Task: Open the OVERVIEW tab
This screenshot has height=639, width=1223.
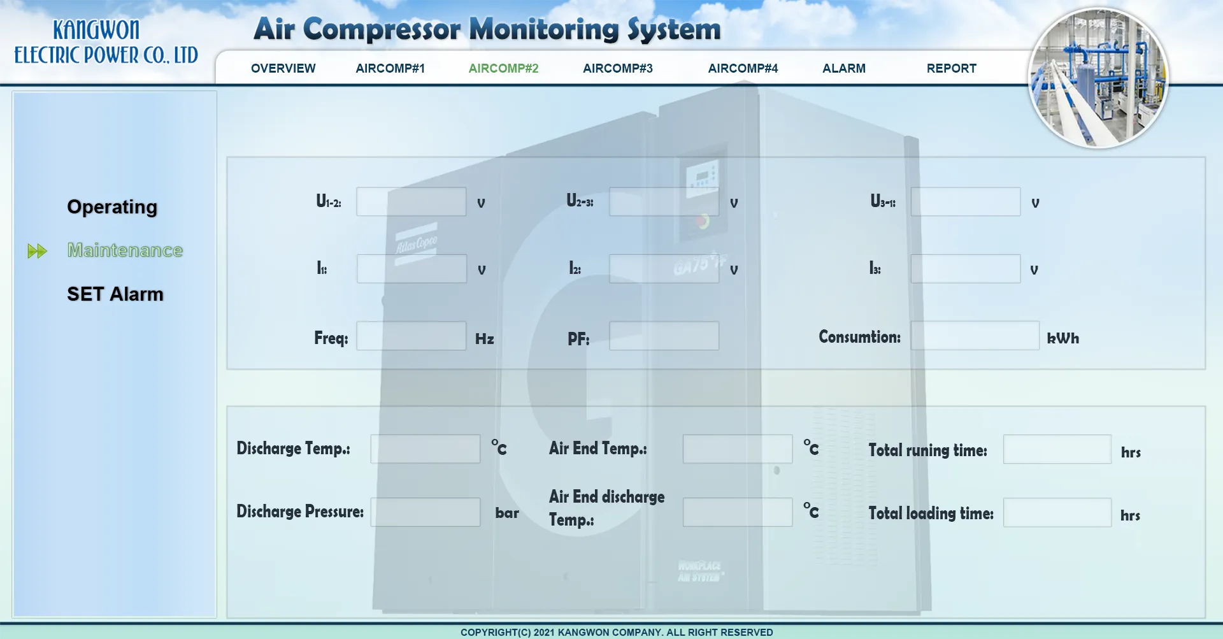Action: point(283,68)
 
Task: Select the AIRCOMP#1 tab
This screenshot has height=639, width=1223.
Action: point(390,68)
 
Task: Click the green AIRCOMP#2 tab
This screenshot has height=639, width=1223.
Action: point(503,68)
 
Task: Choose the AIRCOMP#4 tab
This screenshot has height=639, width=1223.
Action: point(743,68)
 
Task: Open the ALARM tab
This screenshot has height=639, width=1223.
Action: point(843,68)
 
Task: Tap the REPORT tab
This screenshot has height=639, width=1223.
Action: point(951,68)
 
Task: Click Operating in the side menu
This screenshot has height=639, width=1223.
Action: point(112,207)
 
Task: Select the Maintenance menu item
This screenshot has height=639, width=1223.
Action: point(125,250)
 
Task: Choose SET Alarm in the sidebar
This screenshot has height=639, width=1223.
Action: point(115,294)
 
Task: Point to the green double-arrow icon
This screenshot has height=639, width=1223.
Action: point(38,251)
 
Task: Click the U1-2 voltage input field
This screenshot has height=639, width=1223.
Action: point(411,201)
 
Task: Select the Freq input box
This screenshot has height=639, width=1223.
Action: point(411,336)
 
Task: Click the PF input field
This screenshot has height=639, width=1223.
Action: point(664,336)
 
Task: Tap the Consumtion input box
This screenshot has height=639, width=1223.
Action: point(975,336)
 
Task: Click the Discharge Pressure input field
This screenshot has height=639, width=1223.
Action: point(426,512)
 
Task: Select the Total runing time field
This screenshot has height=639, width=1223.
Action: point(1057,449)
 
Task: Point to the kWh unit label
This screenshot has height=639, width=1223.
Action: point(1063,338)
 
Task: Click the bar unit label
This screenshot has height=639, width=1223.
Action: point(507,513)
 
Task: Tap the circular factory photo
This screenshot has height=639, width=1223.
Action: point(1098,78)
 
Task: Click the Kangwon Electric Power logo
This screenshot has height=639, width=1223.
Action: point(106,42)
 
